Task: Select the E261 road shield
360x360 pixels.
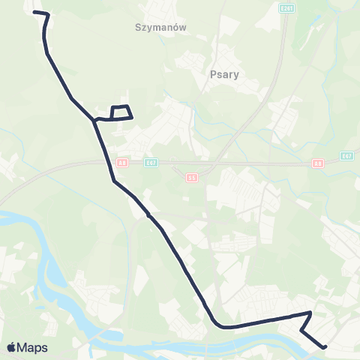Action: coord(286,8)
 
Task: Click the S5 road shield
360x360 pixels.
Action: coord(192,178)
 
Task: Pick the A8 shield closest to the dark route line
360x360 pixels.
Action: coord(121,161)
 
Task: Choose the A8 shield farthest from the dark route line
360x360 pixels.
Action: coord(317,162)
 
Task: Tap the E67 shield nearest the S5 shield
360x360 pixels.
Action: coord(151,162)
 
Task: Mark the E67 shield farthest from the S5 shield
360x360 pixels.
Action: coord(346,155)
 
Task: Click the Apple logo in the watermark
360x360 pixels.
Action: coord(12,347)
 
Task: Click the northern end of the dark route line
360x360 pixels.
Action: coord(35,13)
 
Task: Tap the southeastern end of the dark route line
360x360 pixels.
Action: coord(325,347)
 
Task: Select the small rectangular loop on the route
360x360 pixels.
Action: coord(121,112)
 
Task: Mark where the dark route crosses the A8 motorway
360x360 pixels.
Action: coord(106,162)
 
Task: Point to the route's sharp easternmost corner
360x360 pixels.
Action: coord(310,313)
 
